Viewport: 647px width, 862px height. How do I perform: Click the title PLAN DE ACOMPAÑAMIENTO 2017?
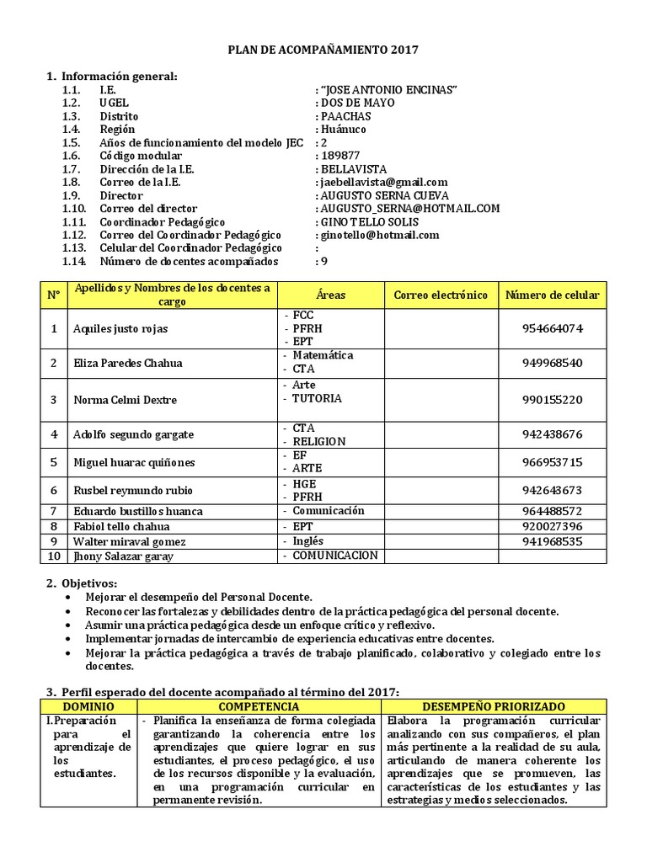click(323, 51)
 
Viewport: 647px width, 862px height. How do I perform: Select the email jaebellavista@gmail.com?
click(383, 182)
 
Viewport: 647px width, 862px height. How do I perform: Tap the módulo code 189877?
click(340, 156)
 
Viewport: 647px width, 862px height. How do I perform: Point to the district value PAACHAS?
click(345, 116)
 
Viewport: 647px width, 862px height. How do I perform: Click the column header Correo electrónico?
click(441, 295)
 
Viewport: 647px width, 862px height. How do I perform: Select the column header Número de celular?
click(553, 295)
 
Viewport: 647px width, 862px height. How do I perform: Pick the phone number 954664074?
click(553, 328)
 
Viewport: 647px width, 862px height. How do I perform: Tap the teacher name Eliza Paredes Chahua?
click(127, 363)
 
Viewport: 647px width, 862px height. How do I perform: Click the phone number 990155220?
click(553, 400)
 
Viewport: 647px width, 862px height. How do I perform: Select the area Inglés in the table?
click(308, 541)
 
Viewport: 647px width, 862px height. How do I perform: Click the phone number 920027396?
click(553, 527)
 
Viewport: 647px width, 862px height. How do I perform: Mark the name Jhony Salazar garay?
click(123, 556)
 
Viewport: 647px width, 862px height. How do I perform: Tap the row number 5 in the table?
click(54, 462)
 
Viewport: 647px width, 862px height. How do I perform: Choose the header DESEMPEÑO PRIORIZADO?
click(494, 707)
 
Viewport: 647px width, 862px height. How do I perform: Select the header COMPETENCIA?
click(259, 707)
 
